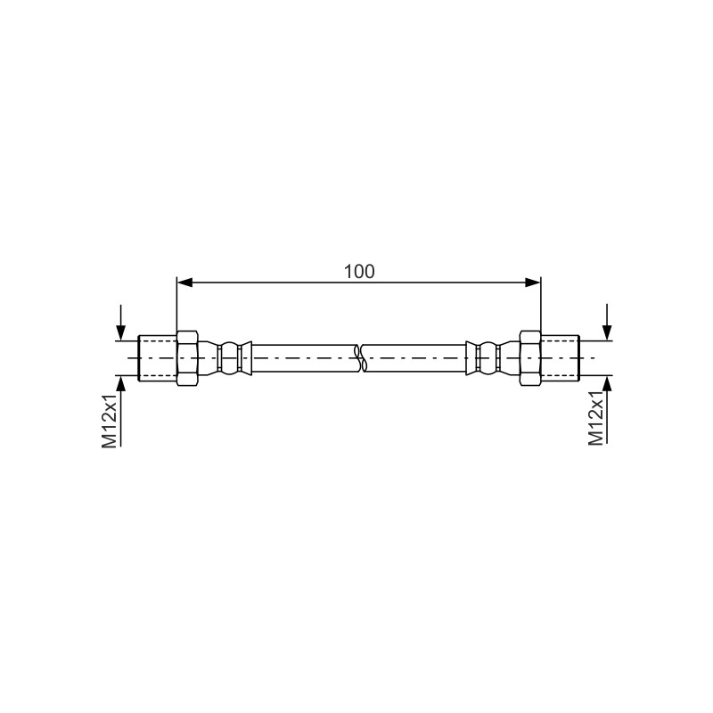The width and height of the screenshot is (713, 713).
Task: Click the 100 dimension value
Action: click(359, 272)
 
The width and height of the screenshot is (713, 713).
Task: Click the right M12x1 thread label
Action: click(596, 417)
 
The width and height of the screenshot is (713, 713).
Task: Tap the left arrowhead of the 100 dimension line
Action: click(185, 283)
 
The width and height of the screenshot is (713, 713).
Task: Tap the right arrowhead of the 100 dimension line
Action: click(532, 283)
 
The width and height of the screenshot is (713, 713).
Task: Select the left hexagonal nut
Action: click(187, 358)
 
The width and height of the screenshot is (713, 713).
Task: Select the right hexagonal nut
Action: click(530, 358)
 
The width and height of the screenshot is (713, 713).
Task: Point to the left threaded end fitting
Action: click(158, 358)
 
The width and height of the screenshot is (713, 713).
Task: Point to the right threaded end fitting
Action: click(561, 358)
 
